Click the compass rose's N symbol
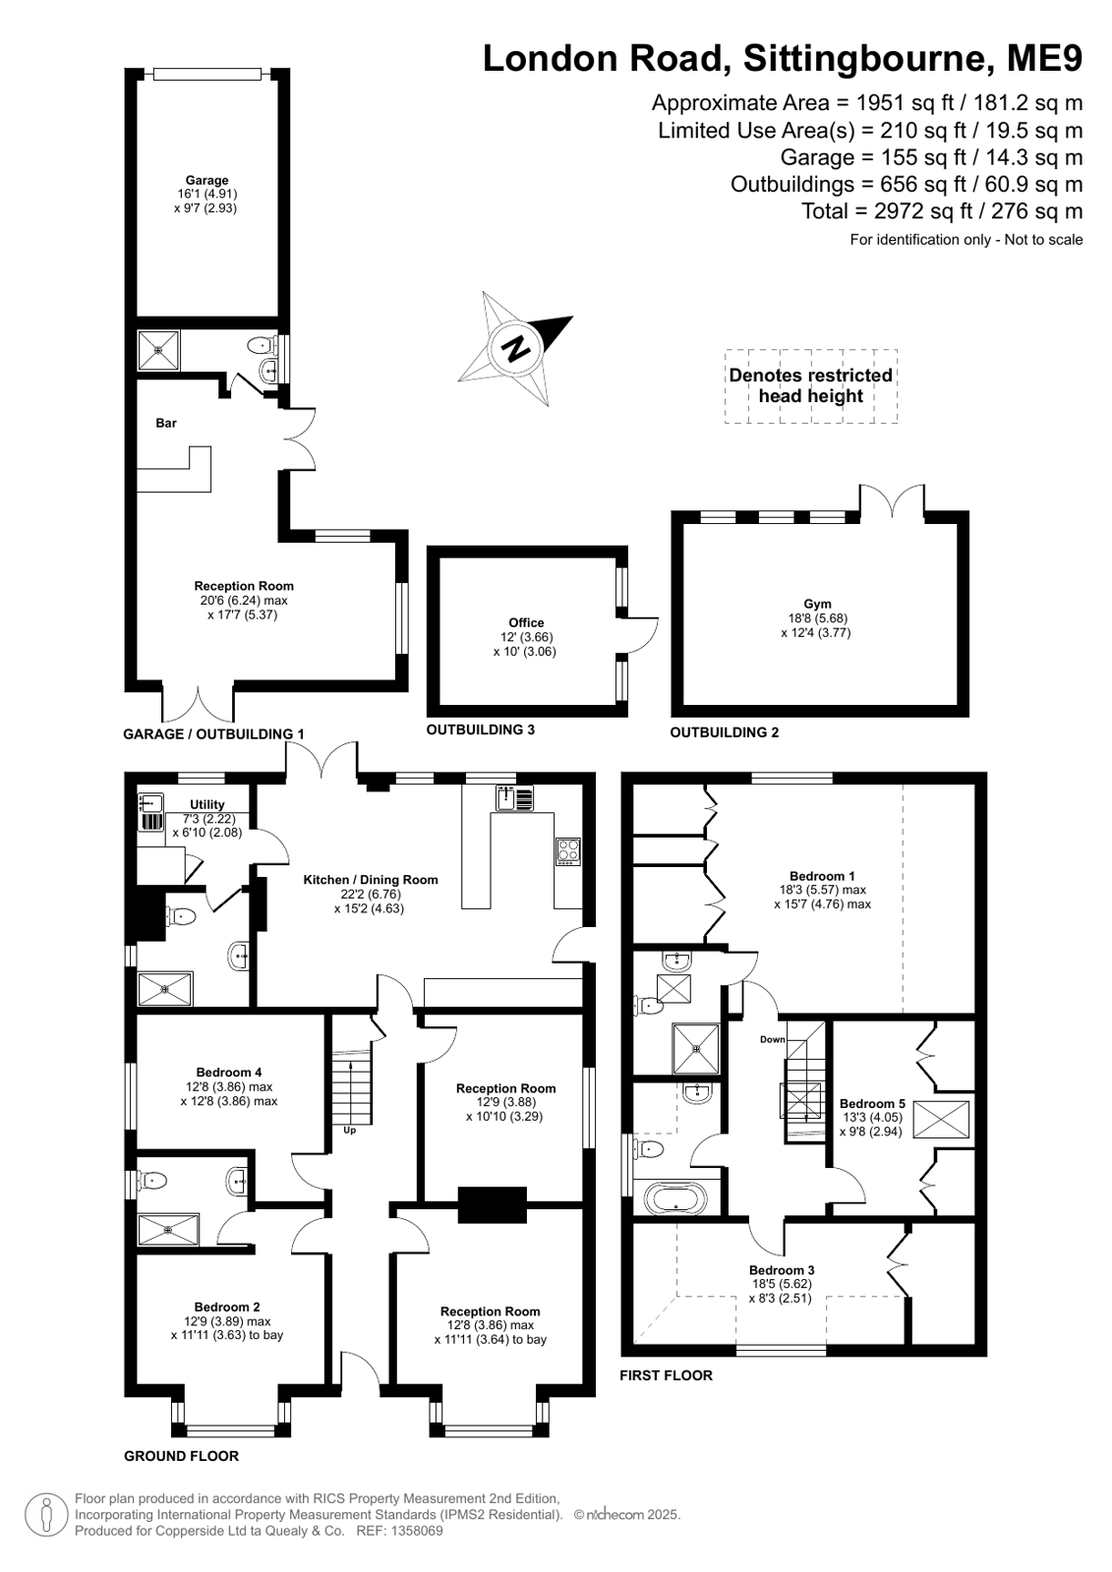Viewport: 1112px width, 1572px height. (x=517, y=348)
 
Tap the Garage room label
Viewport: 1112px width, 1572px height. (x=206, y=180)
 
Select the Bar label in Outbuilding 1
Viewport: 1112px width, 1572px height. (x=166, y=423)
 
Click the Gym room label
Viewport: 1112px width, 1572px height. (x=817, y=604)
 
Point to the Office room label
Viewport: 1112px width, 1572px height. (x=526, y=622)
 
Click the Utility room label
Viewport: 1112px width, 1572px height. (x=207, y=804)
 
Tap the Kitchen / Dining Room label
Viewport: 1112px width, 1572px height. (x=370, y=879)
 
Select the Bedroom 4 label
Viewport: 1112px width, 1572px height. (x=229, y=1072)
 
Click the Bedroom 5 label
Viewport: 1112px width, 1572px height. (x=872, y=1102)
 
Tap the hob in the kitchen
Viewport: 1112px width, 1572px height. (x=567, y=851)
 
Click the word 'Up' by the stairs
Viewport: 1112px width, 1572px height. (x=350, y=1130)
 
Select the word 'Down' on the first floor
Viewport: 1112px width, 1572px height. (x=772, y=1038)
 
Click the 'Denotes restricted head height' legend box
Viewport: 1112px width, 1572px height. (x=811, y=386)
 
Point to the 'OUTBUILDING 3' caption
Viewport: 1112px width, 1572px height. (x=480, y=729)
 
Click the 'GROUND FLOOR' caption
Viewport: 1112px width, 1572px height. (x=181, y=1456)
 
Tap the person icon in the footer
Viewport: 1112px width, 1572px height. (x=46, y=1515)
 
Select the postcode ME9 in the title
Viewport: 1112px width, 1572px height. (x=1044, y=58)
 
